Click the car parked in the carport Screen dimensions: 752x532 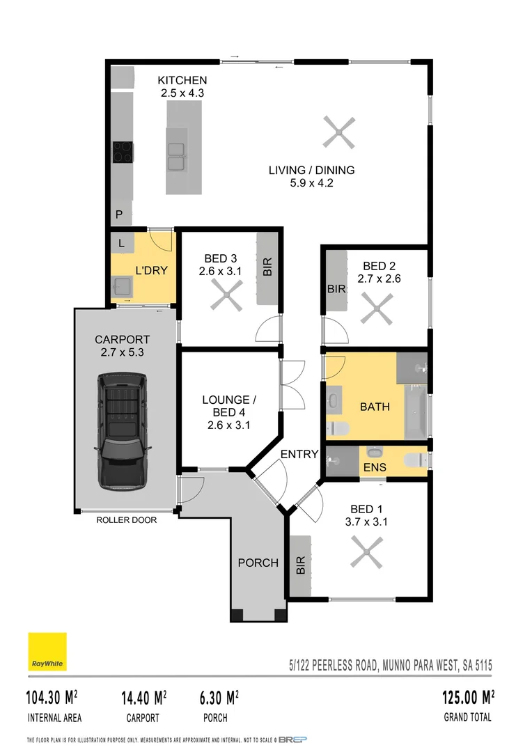pyautogui.click(x=124, y=432)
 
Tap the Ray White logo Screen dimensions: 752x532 pyautogui.click(x=47, y=652)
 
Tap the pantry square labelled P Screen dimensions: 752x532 pyautogui.click(x=119, y=216)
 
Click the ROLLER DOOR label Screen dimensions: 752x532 pyautogui.click(x=127, y=519)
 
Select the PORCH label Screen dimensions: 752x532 pyautogui.click(x=258, y=563)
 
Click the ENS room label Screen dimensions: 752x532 pyautogui.click(x=375, y=467)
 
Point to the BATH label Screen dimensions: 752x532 pyautogui.click(x=375, y=407)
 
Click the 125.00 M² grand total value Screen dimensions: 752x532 pyautogui.click(x=468, y=697)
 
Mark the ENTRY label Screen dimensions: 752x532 pyautogui.click(x=299, y=454)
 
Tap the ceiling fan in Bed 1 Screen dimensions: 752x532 pyautogui.click(x=366, y=555)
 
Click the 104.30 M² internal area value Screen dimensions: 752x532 pyautogui.click(x=52, y=697)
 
